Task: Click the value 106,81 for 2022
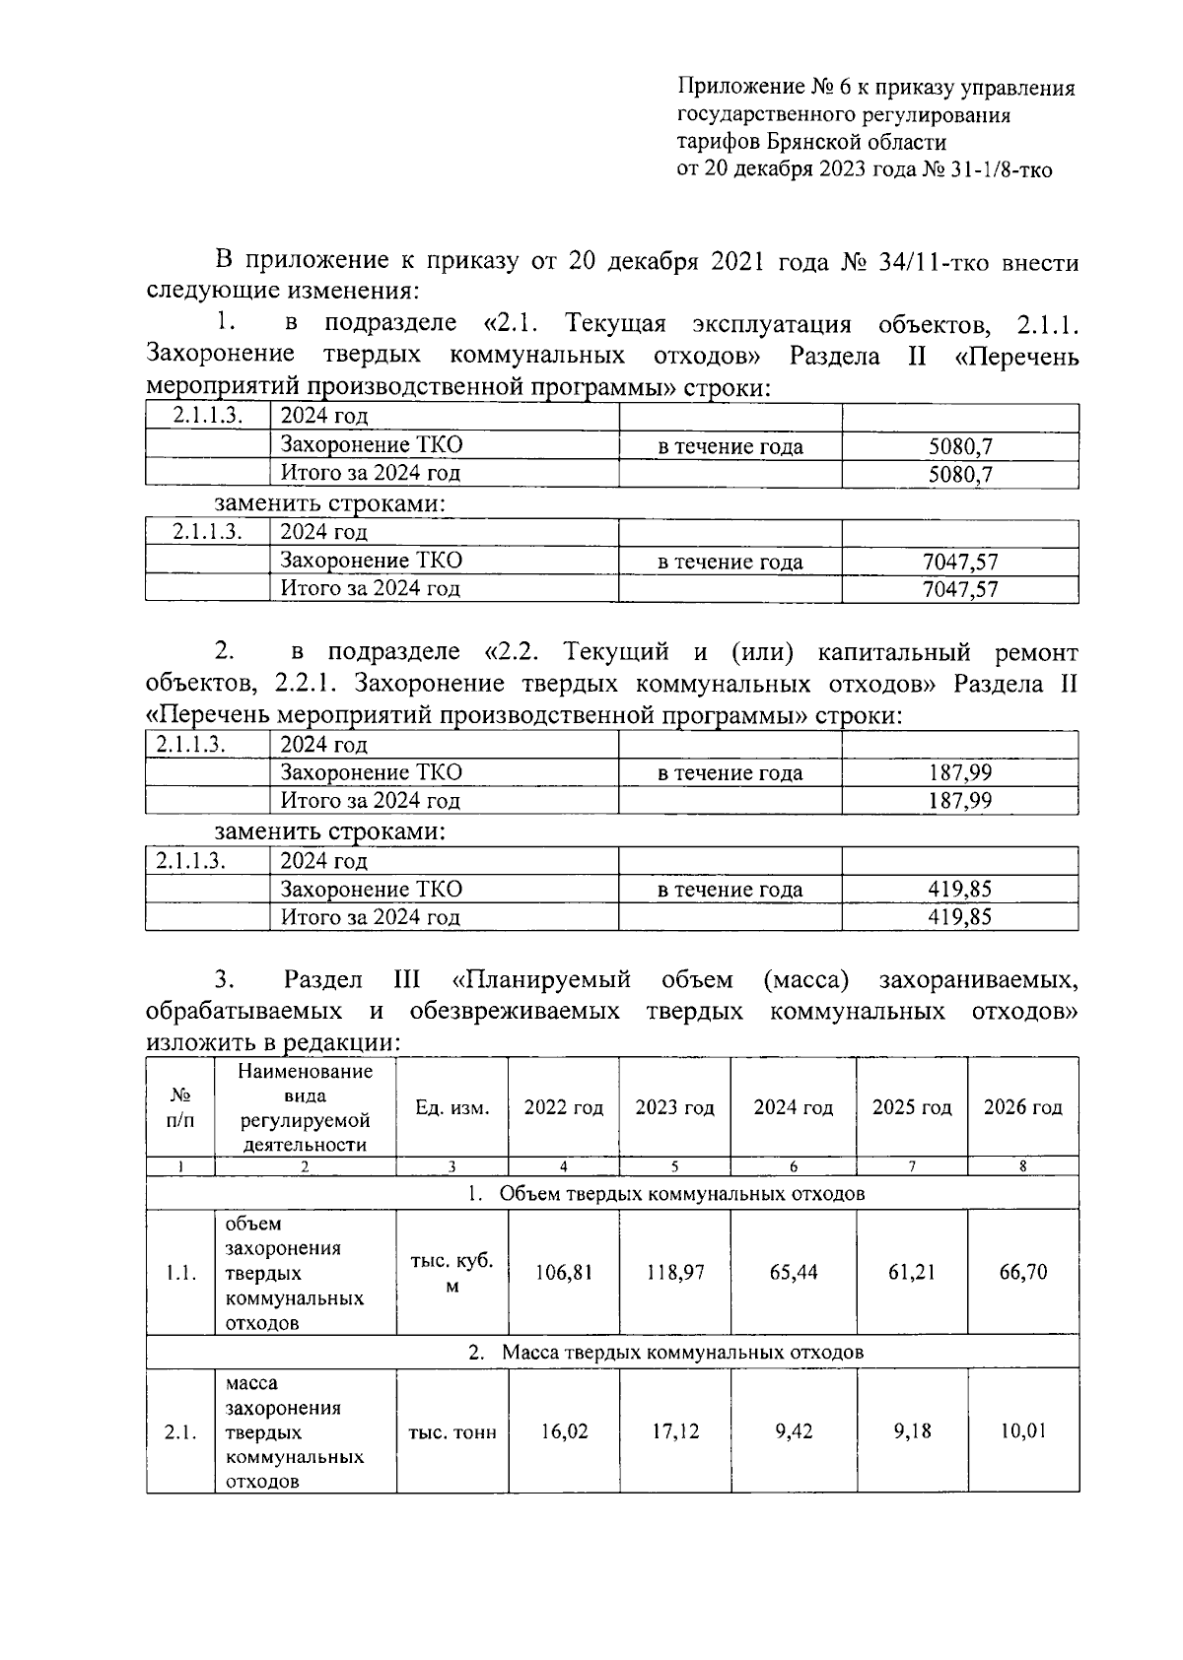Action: pos(564,1272)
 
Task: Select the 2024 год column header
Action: pos(793,1107)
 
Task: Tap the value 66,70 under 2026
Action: pos(1022,1272)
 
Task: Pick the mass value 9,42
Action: pos(794,1430)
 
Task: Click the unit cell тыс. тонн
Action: pos(452,1431)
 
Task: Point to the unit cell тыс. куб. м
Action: pos(452,1273)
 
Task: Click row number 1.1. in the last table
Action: pos(180,1273)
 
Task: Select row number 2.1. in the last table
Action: pos(180,1431)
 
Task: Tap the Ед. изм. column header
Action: pos(452,1107)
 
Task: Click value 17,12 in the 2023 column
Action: pos(675,1430)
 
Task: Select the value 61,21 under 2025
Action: pos(912,1272)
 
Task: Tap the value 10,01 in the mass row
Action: pos(1022,1430)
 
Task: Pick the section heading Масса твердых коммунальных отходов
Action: pos(682,1353)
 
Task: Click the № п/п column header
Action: pos(180,1107)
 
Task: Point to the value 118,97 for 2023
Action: pos(675,1272)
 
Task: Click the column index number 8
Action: pos(1022,1166)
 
